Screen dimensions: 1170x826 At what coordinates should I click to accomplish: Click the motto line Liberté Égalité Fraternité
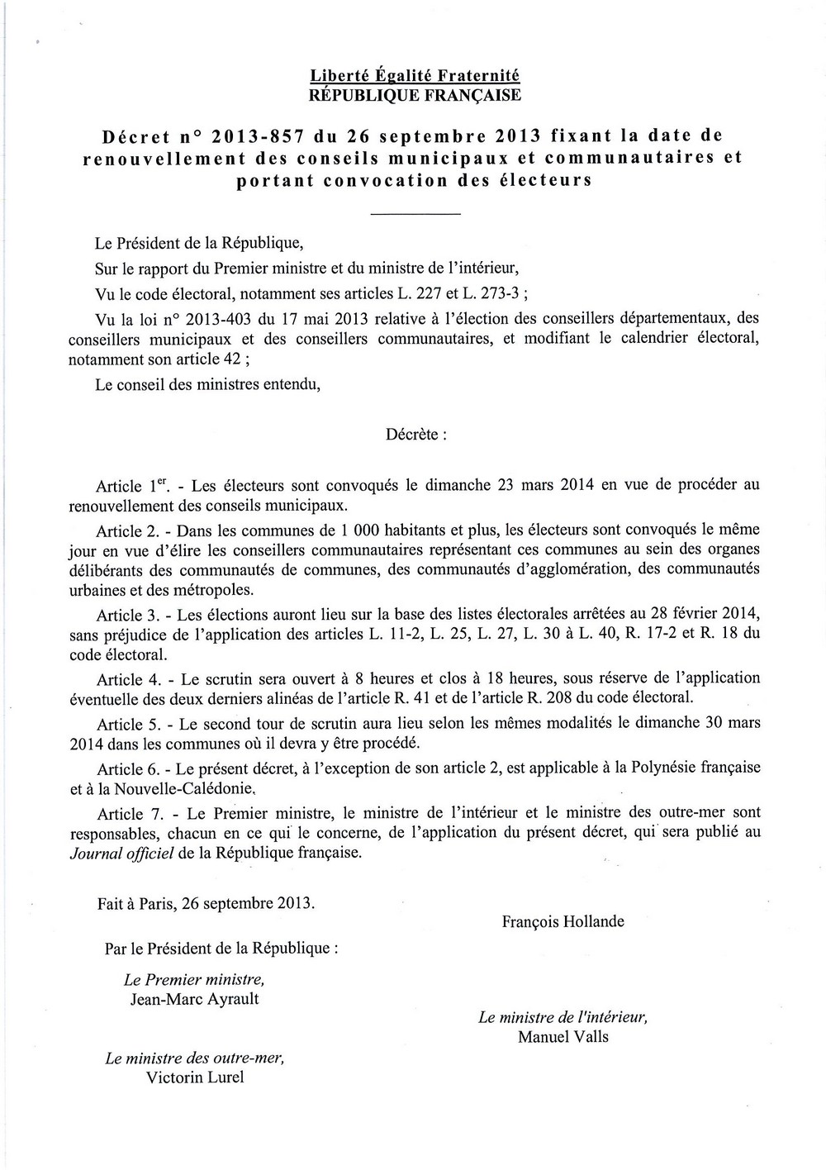click(x=415, y=76)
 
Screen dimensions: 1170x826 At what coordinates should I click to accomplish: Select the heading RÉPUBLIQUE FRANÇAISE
click(x=415, y=95)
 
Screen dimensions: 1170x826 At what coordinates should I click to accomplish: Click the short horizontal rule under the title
click(x=415, y=215)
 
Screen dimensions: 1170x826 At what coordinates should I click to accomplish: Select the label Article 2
click(x=121, y=529)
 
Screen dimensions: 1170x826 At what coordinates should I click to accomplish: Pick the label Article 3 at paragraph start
click(x=121, y=615)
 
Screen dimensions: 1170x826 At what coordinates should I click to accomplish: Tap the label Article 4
click(x=121, y=679)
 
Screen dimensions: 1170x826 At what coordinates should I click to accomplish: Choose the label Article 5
click(x=121, y=724)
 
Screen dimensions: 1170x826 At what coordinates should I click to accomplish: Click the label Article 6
click(x=121, y=768)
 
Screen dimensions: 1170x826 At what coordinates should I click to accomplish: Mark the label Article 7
click(x=121, y=813)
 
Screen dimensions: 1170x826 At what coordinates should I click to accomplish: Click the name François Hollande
click(x=563, y=921)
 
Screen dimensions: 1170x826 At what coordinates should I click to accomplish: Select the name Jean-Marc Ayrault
click(x=195, y=999)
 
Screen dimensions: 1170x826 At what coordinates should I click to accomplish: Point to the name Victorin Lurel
click(x=195, y=1077)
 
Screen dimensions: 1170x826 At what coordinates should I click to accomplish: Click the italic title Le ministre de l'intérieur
click(x=563, y=1018)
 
